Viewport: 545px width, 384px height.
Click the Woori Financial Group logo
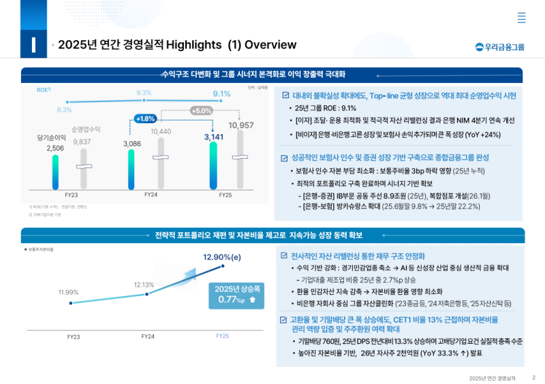click(x=500, y=47)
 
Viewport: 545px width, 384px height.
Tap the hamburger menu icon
click(x=521, y=18)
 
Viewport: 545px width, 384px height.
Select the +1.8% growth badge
click(x=145, y=118)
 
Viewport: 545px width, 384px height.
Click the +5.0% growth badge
click(x=201, y=110)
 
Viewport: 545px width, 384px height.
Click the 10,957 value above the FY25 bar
click(x=240, y=125)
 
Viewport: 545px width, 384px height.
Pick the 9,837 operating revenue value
click(x=82, y=142)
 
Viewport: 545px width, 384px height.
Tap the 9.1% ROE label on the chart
click(x=221, y=94)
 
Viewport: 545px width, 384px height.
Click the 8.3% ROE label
click(x=65, y=110)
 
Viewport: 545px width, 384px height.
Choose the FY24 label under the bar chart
click(x=151, y=194)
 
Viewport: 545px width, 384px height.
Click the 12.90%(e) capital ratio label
click(x=222, y=257)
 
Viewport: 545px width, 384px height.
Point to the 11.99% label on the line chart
click(x=68, y=292)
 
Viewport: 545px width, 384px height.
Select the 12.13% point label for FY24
click(x=144, y=285)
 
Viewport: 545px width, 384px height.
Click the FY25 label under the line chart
click(x=223, y=336)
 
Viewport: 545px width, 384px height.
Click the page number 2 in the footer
click(x=533, y=377)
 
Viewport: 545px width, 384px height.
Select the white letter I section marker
click(x=33, y=44)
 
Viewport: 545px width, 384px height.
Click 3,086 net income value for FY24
click(x=131, y=144)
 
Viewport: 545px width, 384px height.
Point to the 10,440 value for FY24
click(x=161, y=131)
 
